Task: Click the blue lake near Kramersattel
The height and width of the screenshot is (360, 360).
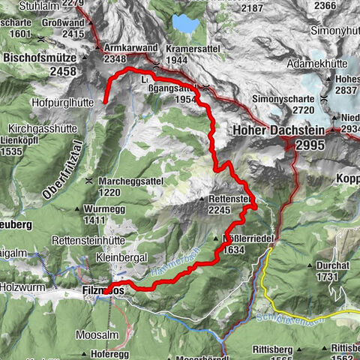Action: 183,25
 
